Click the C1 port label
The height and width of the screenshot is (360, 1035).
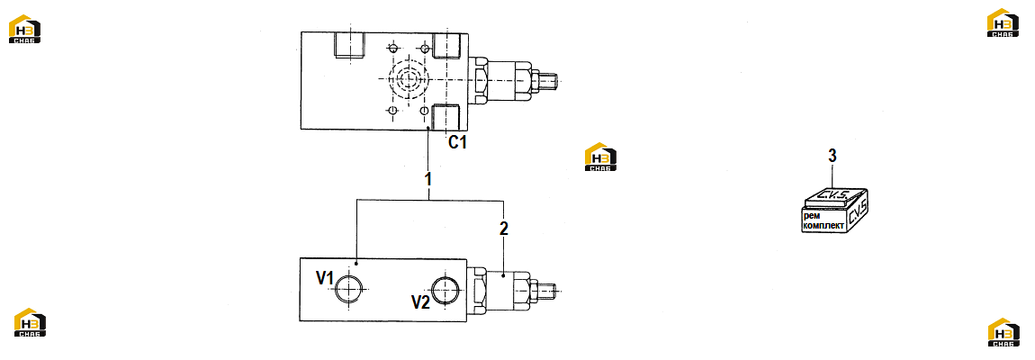[x=457, y=141]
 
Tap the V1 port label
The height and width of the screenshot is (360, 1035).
[x=324, y=278]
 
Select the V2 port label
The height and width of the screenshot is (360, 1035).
[x=420, y=302]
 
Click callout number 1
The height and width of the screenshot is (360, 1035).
[x=427, y=178]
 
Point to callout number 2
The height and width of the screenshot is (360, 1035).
[x=504, y=229]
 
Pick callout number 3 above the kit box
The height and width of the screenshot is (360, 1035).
[x=832, y=156]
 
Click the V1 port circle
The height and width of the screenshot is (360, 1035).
[x=348, y=289]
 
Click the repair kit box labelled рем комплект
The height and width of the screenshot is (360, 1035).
[x=834, y=211]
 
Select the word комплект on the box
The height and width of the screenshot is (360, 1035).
[x=823, y=226]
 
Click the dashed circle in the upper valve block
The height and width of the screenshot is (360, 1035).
[x=405, y=80]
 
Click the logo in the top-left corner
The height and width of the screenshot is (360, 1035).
[x=24, y=29]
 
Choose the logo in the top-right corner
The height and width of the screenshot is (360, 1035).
[x=1003, y=22]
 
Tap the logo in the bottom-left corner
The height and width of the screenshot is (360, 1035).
[x=31, y=322]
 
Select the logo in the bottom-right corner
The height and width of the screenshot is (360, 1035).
[x=1004, y=332]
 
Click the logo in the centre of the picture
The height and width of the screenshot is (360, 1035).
[x=600, y=157]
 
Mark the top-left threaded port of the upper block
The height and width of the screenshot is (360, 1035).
[x=348, y=46]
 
